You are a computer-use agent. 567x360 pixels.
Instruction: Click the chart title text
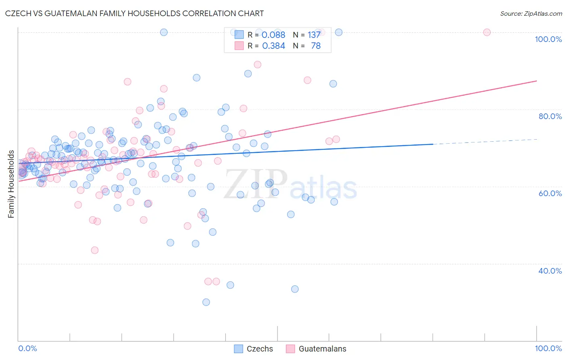[134, 13]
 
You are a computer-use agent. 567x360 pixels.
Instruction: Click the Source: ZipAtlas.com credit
[531, 13]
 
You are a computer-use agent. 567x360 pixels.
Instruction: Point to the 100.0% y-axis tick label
[548, 39]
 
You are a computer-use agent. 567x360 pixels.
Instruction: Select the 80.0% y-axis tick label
[550, 116]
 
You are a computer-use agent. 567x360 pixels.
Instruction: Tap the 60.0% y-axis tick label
[550, 193]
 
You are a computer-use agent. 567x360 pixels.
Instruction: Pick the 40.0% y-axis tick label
[550, 271]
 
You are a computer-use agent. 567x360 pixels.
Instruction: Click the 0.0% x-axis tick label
[27, 348]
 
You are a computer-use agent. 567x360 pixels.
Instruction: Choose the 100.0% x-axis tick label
[548, 348]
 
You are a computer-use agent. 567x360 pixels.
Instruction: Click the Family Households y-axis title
[11, 184]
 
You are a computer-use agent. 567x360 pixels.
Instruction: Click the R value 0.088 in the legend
[273, 35]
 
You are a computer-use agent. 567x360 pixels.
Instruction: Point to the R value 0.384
[273, 46]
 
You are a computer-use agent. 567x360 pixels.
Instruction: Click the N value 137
[314, 35]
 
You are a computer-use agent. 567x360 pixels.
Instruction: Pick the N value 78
[316, 46]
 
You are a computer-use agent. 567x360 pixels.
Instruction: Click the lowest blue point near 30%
[206, 302]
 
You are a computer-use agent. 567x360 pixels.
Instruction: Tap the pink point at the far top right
[487, 32]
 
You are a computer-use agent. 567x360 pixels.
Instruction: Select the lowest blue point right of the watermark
[295, 289]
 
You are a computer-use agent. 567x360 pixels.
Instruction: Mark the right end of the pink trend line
[536, 81]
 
